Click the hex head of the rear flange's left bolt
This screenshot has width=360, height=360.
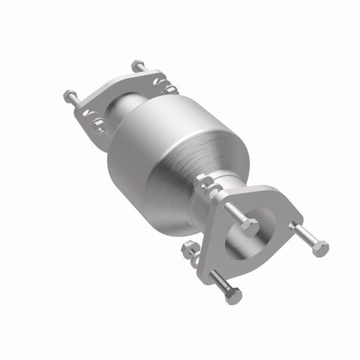[68, 96]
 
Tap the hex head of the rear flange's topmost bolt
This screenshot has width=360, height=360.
[137, 65]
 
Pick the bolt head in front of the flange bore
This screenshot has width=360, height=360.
[250, 226]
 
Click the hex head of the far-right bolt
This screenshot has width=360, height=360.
[320, 248]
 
